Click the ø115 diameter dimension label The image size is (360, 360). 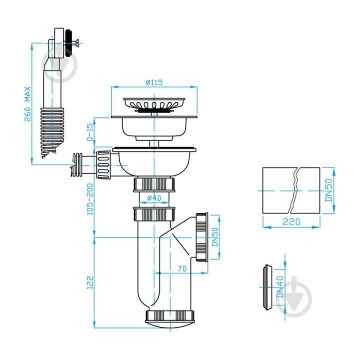click(154, 82)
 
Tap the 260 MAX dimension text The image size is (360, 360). click(27, 104)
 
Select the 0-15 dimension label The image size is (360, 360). click(90, 132)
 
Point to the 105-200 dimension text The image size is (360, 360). click(90, 199)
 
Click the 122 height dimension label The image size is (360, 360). click(90, 282)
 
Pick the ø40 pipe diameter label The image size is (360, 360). click(154, 197)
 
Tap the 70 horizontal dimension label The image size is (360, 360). click(182, 268)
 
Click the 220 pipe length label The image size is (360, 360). click(291, 222)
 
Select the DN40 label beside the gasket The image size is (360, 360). click(280, 287)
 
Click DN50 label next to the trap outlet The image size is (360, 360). click(214, 237)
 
